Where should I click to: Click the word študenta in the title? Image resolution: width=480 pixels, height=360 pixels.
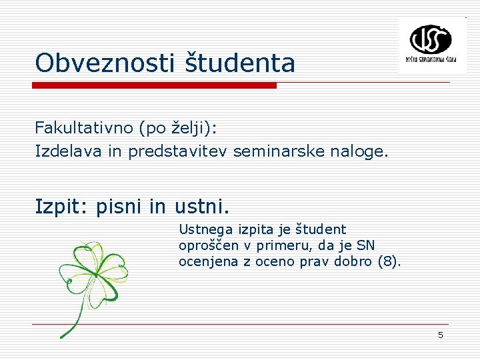pyautogui.click(x=239, y=63)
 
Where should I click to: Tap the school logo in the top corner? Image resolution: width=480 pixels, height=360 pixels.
pyautogui.click(x=431, y=45)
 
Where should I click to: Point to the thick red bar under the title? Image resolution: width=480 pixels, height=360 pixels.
pyautogui.click(x=155, y=85)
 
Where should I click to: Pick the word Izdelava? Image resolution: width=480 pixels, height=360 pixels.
pyautogui.click(x=69, y=151)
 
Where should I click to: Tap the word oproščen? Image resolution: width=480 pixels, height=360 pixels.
pyautogui.click(x=209, y=246)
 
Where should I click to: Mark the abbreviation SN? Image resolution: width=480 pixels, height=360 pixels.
pyautogui.click(x=366, y=245)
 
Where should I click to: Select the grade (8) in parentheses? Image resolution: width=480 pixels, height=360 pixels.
pyautogui.click(x=389, y=261)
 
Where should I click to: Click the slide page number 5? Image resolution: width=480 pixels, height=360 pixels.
pyautogui.click(x=440, y=335)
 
